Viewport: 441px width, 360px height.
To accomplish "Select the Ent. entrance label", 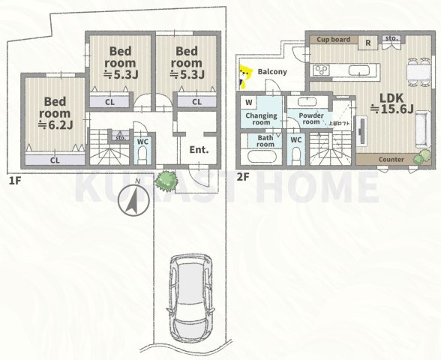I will tap(198, 149).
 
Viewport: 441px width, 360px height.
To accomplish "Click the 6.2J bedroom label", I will tap(56, 112).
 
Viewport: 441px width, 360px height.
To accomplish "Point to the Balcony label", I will tap(271, 72).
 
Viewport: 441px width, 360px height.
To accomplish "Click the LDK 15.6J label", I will tap(391, 103).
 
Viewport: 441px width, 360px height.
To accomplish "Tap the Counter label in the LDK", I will tap(391, 160).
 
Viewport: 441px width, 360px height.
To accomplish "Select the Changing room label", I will tap(260, 119).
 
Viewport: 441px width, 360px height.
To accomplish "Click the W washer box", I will tap(248, 102).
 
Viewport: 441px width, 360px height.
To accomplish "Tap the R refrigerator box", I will tap(367, 42).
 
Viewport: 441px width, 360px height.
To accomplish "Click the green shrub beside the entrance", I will tap(163, 180).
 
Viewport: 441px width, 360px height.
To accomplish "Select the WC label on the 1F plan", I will tap(142, 140).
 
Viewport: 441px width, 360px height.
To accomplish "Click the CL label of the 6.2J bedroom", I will tap(55, 160).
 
